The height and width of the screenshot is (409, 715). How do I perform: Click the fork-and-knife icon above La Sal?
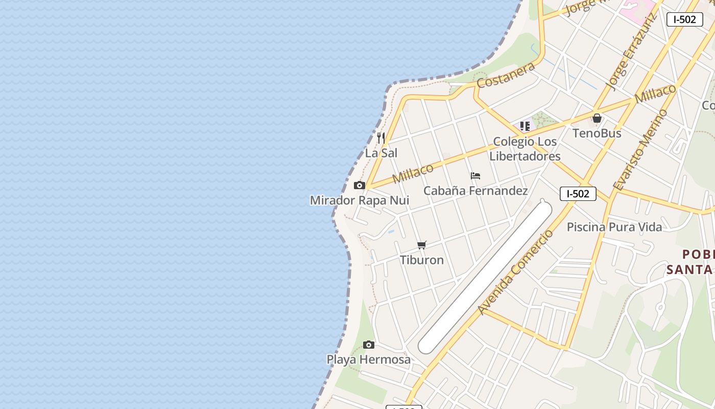pos(381,138)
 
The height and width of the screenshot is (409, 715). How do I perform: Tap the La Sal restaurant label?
pos(381,153)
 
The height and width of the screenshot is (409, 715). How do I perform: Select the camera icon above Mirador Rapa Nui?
pos(360,185)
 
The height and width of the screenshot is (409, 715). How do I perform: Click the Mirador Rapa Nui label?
pos(360,200)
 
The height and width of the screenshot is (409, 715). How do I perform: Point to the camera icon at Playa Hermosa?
pos(369,345)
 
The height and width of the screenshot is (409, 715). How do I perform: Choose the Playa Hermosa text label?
pos(369,359)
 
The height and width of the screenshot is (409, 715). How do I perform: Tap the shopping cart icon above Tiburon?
pos(422,245)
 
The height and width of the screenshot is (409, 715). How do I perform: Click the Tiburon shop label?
pos(422,260)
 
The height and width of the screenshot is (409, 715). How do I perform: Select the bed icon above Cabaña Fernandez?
pos(475,176)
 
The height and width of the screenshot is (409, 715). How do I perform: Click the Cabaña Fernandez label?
pos(475,191)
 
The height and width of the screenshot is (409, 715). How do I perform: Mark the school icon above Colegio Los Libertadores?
pos(525,126)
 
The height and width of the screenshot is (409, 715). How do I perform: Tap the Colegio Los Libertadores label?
pos(525,149)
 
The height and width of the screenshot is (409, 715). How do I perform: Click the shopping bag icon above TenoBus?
pos(597,118)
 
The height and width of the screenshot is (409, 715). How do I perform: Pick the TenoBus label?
pos(597,133)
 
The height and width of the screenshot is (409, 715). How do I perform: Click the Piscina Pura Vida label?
pos(614,226)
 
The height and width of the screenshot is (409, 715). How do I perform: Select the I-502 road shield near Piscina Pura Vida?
pos(578,194)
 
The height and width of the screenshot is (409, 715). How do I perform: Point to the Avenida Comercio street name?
pos(515,272)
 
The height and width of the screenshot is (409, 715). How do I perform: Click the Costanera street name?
pos(506,75)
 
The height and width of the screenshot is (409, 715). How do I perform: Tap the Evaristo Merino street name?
pos(641,150)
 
